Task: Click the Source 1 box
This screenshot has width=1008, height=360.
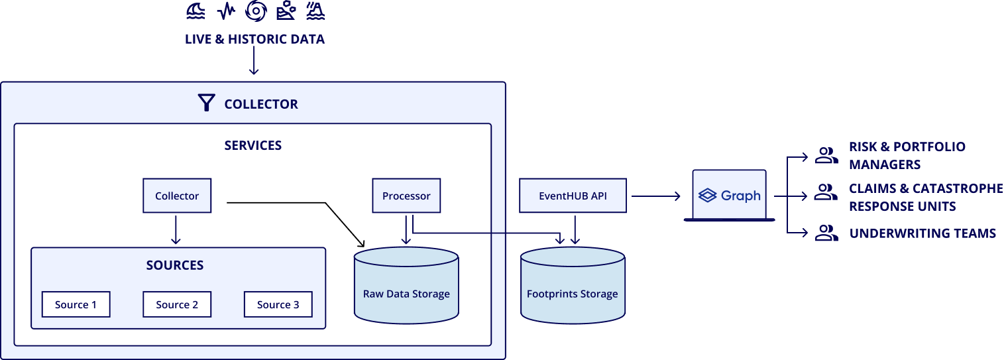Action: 76,305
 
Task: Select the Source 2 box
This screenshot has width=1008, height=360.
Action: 177,305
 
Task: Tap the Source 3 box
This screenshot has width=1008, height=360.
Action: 278,305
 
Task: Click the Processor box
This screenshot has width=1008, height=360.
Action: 406,196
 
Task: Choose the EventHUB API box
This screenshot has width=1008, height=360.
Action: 573,196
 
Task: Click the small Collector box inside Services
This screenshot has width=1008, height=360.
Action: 177,196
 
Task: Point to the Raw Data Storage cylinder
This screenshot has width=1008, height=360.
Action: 406,285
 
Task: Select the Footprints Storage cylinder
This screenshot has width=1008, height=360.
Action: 573,285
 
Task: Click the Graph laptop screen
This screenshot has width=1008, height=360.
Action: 730,194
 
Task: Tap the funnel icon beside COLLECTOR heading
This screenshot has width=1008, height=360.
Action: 207,103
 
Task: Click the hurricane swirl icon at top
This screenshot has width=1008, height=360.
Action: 256,11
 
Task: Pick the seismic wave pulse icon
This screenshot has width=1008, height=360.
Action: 227,11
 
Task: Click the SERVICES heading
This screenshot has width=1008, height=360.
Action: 253,145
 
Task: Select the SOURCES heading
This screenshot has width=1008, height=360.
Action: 175,265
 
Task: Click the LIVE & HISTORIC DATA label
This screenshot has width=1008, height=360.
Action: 254,39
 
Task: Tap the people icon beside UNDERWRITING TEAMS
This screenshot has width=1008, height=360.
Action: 826,233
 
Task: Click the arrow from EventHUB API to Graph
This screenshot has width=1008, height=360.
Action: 655,196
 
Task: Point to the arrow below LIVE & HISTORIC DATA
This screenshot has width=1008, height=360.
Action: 254,60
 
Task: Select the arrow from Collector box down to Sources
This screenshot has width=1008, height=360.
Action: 176,230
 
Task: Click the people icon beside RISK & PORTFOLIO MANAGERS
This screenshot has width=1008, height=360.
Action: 826,155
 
